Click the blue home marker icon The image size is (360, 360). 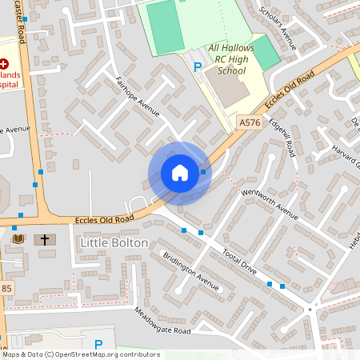pyautogui.click(x=180, y=173)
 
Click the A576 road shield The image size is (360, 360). pyautogui.click(x=249, y=122)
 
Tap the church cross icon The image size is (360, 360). pyautogui.click(x=45, y=239)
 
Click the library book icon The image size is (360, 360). pyautogui.click(x=19, y=238)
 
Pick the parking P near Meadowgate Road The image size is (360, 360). pyautogui.click(x=98, y=345)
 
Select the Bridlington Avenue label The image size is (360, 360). pyautogui.click(x=190, y=272)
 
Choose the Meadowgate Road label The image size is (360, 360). pyautogui.click(x=162, y=321)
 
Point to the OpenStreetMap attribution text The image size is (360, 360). pyautogui.click(x=80, y=354)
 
